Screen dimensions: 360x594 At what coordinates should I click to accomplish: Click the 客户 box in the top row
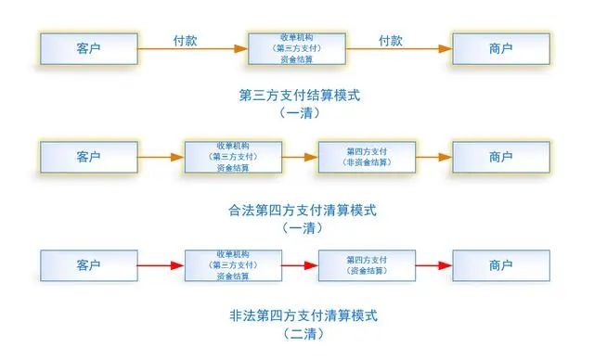pos(88,47)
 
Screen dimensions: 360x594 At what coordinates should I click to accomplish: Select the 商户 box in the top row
pos(499,47)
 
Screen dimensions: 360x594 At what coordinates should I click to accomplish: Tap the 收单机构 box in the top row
pos(294,47)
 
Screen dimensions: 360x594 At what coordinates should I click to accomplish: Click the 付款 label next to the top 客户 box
pos(186,41)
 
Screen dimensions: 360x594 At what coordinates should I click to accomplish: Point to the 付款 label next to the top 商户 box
pos(390,41)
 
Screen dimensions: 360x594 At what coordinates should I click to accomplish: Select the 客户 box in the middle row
pos(88,158)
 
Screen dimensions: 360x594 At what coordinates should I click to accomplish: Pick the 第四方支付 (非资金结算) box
pos(365,158)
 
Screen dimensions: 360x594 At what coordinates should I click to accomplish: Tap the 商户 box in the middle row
pos(499,158)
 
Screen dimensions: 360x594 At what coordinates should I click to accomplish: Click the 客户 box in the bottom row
pos(88,265)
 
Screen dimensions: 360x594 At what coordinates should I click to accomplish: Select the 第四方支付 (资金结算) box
pos(365,265)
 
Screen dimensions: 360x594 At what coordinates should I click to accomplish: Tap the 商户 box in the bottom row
pos(499,265)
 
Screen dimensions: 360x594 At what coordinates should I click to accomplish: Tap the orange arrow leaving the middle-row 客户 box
pos(160,158)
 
